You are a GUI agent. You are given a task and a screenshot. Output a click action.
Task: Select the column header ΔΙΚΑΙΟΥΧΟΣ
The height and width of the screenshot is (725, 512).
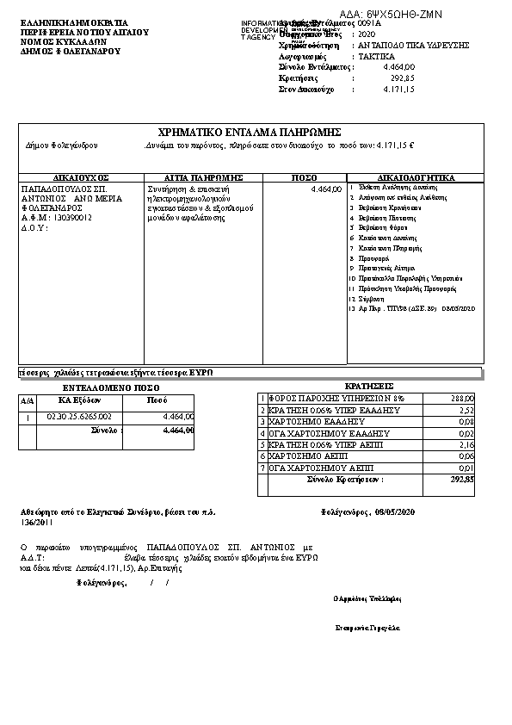click(81, 177)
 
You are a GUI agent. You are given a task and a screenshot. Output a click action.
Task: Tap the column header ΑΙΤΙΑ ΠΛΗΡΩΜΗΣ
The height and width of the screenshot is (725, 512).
click(203, 177)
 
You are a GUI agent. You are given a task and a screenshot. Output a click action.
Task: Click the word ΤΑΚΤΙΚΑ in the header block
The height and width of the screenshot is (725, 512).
click(376, 55)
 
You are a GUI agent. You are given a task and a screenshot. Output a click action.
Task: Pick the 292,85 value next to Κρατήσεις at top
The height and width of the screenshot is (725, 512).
click(402, 77)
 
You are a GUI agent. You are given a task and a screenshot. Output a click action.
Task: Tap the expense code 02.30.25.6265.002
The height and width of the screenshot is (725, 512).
click(78, 417)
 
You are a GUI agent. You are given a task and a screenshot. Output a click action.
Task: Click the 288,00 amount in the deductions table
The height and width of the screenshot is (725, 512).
click(462, 399)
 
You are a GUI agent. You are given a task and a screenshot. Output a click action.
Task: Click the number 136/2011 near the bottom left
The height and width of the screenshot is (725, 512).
click(37, 522)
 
